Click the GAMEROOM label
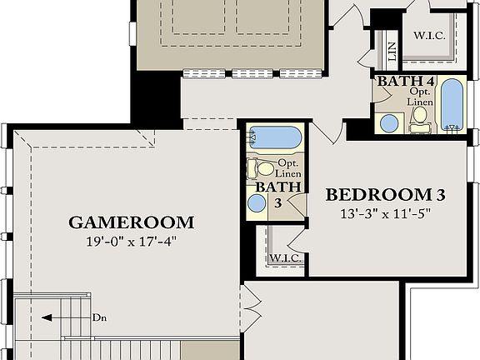tap(132, 222)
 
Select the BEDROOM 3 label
tap(385, 195)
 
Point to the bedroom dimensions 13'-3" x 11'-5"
tap(385, 212)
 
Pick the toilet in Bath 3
tap(260, 167)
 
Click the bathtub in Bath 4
tap(451, 104)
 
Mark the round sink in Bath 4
tap(389, 123)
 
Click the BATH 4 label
tap(404, 82)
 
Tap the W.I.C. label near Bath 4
tap(429, 37)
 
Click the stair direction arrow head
tap(47, 317)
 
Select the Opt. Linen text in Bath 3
tap(288, 167)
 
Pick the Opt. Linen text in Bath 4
tap(420, 97)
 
